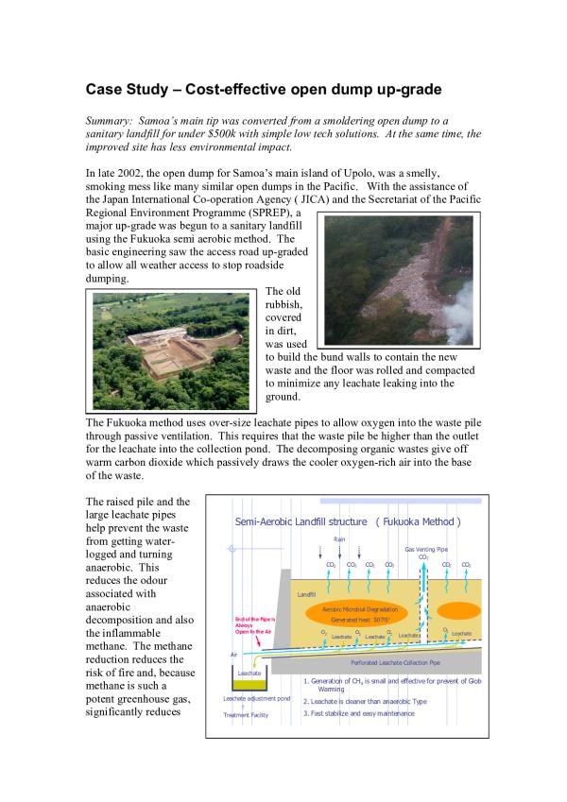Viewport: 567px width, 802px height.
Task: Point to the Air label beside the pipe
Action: click(234, 654)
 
